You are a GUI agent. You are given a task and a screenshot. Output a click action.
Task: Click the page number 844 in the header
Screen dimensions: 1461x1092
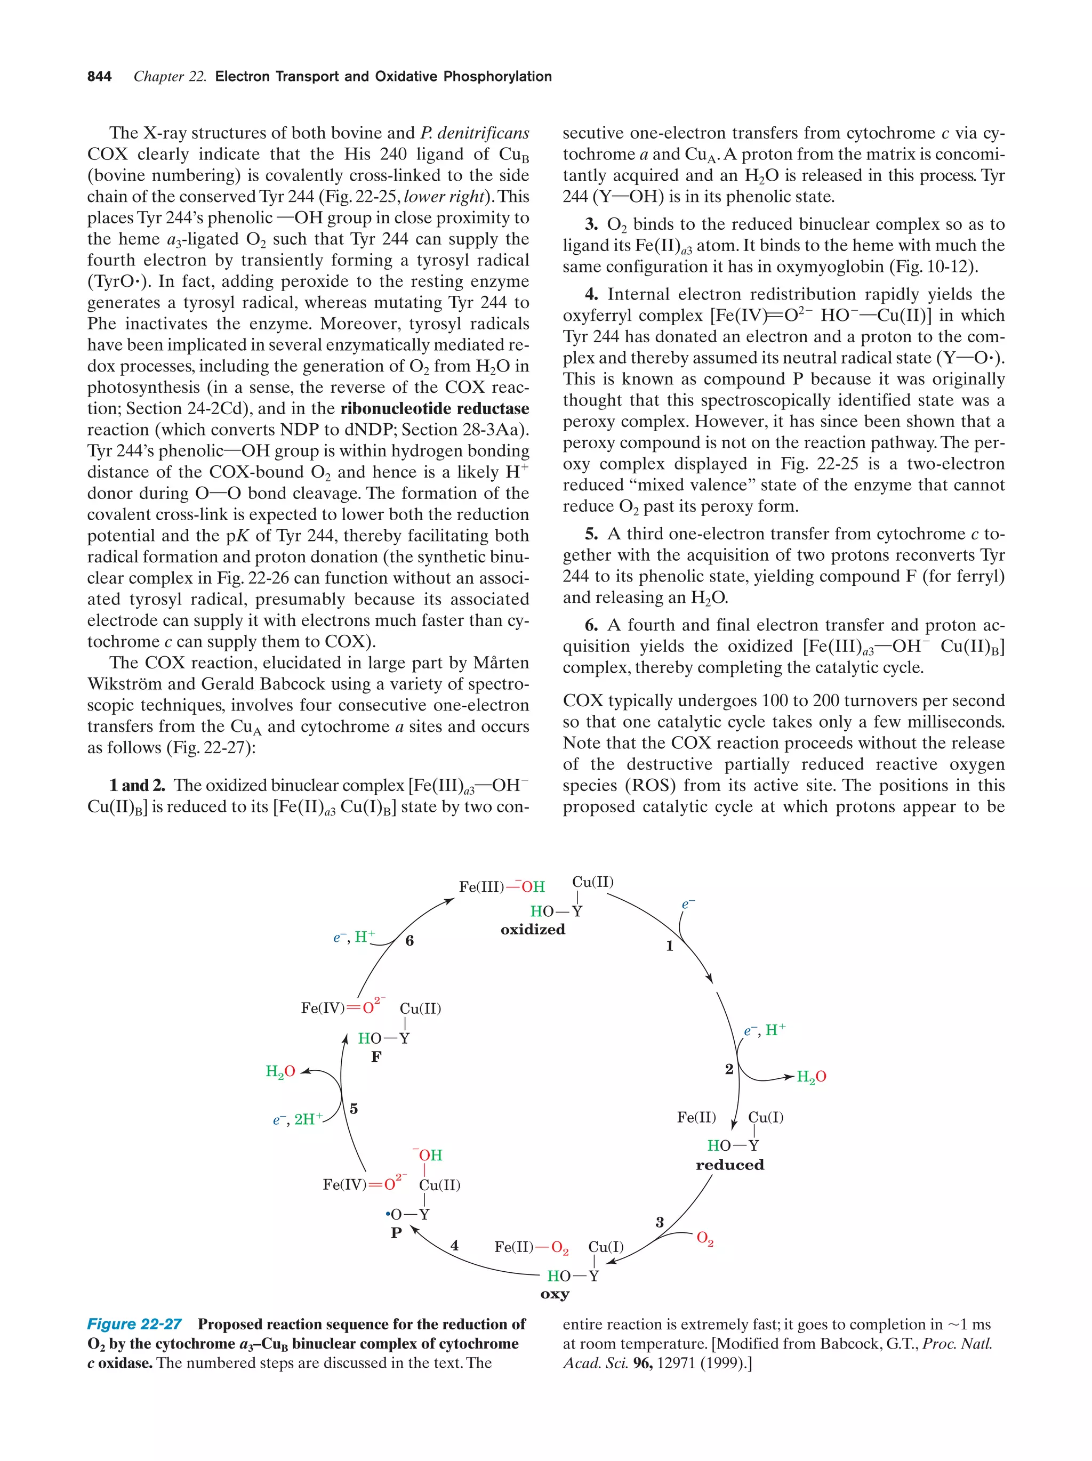point(99,77)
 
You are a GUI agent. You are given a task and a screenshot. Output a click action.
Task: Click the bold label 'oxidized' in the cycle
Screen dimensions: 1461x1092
point(533,929)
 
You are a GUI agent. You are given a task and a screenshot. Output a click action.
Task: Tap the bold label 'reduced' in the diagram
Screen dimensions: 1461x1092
point(729,1165)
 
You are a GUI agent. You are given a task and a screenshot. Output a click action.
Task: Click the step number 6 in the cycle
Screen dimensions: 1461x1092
point(409,941)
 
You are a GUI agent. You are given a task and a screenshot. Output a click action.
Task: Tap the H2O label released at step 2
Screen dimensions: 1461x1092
point(811,1077)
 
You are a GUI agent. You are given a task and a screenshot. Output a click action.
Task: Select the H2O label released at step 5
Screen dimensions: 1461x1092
point(280,1071)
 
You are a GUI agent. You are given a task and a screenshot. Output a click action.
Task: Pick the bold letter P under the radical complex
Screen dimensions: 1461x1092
point(396,1232)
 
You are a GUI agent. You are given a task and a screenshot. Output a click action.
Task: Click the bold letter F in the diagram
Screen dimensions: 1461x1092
point(376,1057)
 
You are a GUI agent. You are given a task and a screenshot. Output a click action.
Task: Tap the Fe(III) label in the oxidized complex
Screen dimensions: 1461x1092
point(481,886)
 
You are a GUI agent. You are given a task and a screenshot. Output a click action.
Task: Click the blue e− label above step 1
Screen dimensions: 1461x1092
point(688,904)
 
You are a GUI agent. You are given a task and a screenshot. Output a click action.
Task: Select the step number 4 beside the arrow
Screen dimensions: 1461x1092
point(454,1245)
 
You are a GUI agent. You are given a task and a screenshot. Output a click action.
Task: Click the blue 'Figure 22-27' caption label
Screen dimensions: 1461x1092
point(134,1323)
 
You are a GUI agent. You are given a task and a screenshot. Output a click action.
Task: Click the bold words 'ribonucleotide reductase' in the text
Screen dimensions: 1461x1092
point(435,408)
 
